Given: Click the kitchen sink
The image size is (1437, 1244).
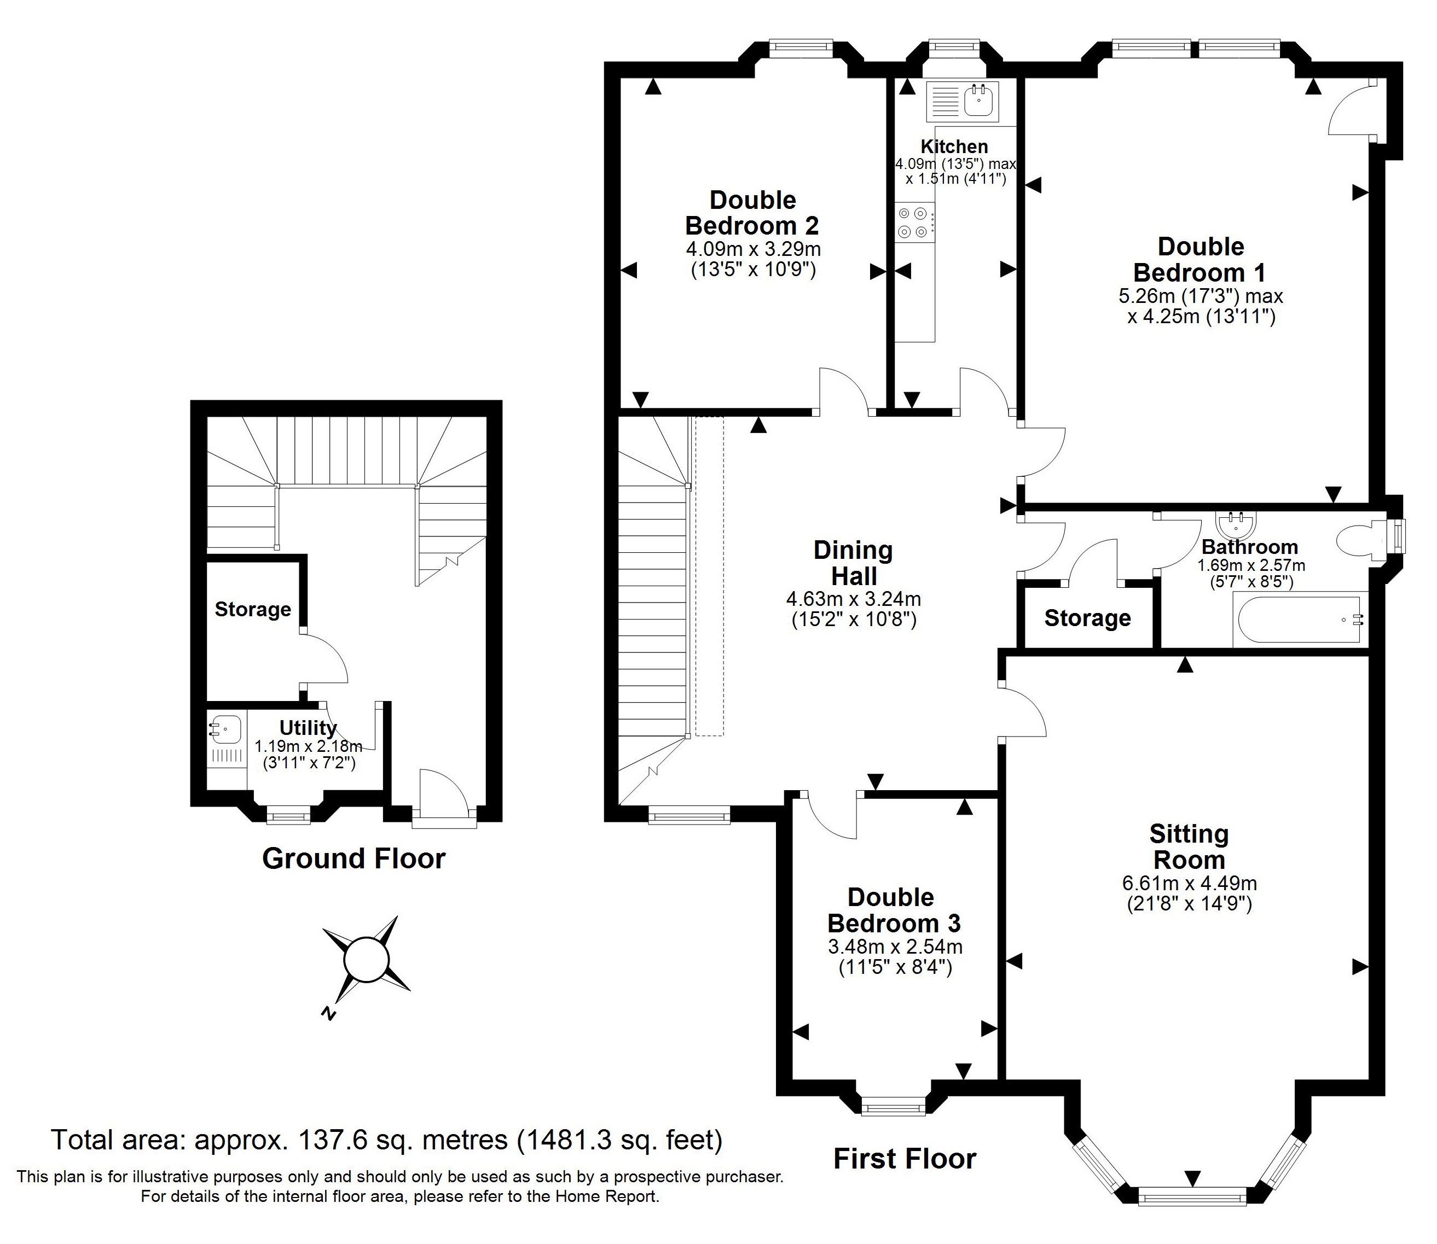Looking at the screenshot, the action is (962, 100).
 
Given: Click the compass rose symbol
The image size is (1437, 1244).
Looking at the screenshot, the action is (367, 960).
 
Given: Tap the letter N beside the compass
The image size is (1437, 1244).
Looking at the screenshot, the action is (328, 1014).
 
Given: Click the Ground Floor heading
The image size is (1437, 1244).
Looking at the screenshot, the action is (354, 858).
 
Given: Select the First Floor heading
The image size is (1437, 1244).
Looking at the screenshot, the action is (905, 1159).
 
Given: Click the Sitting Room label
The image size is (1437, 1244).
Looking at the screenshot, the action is (1189, 846).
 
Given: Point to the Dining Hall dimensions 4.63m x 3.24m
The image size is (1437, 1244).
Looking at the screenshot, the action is (854, 598).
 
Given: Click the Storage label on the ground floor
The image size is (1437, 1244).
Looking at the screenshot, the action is (253, 610).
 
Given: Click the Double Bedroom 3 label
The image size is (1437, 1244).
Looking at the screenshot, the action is (894, 910).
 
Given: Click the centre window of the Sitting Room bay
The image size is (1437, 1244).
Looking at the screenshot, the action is (1192, 1195).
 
